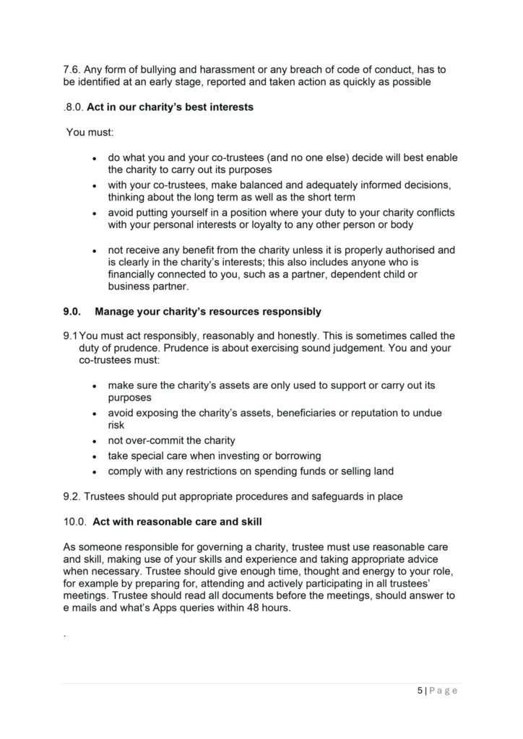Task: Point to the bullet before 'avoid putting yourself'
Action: tap(95, 213)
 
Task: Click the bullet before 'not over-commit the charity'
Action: tap(95, 441)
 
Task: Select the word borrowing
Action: tap(293, 456)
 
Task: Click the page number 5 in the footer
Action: tap(420, 690)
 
